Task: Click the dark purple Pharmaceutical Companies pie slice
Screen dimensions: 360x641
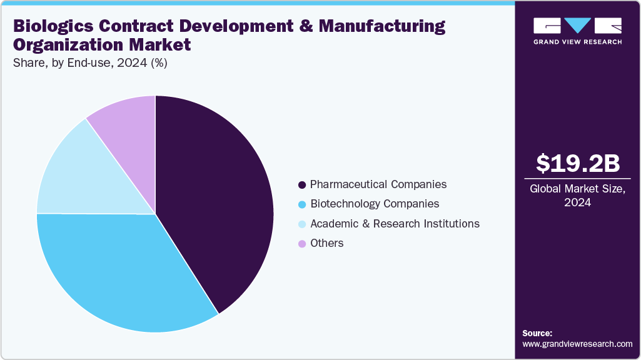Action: (x=219, y=200)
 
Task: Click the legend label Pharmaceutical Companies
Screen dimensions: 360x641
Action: (x=378, y=184)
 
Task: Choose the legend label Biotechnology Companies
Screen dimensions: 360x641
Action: (x=375, y=204)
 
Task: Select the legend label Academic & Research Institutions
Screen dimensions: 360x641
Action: (x=395, y=224)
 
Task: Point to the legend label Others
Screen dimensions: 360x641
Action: (x=326, y=243)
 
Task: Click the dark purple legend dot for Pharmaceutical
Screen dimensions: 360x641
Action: (x=302, y=185)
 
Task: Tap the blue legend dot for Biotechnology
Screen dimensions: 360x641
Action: (x=302, y=204)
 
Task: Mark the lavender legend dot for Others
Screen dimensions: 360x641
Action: (x=302, y=244)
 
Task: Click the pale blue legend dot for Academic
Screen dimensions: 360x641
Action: (x=302, y=224)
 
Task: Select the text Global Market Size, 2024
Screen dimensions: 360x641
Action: (x=578, y=196)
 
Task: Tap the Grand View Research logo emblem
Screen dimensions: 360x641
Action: (x=578, y=26)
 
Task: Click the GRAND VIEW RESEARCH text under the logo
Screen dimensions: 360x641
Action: (x=578, y=42)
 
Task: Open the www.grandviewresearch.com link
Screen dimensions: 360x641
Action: (x=577, y=344)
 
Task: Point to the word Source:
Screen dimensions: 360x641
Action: (x=537, y=333)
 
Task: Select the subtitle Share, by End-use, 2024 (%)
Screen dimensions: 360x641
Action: (x=90, y=62)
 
